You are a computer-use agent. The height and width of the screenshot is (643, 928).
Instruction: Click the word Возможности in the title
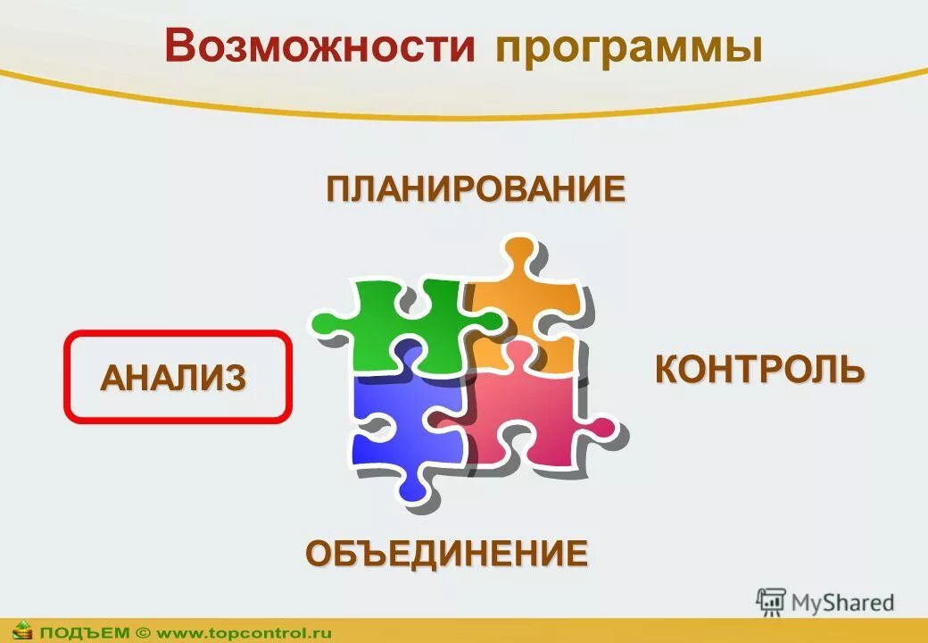coord(319,47)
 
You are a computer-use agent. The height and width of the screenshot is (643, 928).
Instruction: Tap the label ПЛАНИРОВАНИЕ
coord(475,190)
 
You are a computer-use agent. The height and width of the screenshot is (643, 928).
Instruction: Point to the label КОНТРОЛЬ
coord(759,370)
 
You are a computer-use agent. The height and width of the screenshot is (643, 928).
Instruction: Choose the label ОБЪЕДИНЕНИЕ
coord(447,554)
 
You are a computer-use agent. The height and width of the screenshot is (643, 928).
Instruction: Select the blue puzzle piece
coord(402,420)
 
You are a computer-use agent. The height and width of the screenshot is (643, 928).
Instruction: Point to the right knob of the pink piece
coord(602,428)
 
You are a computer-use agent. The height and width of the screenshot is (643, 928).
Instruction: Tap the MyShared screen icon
coord(770,602)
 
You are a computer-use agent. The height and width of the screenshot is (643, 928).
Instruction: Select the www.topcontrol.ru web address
coord(244,632)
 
